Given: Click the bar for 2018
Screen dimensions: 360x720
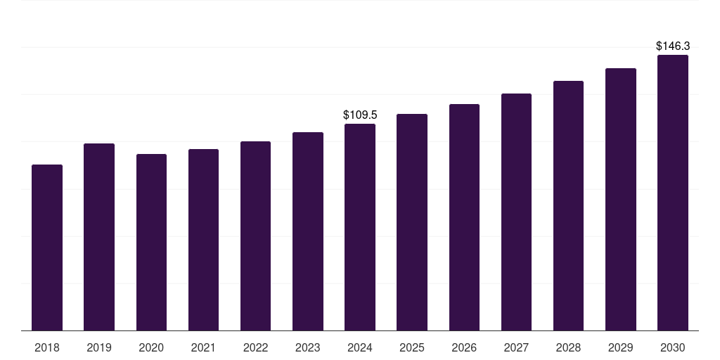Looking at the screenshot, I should [47, 247].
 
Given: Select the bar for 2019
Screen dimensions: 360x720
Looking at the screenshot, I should [99, 237].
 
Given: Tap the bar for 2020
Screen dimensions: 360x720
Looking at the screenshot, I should [151, 242].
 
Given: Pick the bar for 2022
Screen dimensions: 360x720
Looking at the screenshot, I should [255, 236].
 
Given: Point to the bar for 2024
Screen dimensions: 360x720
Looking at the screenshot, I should [360, 227].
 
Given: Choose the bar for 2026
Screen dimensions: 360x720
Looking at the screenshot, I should [464, 217].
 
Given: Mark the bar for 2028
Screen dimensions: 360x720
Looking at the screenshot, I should [568, 205].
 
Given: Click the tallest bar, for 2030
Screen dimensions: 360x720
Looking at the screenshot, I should [673, 193].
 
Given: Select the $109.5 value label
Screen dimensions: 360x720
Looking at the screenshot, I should [360, 115].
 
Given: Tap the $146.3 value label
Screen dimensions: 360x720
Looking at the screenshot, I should [673, 46].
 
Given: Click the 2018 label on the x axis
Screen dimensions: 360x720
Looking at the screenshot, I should [47, 347].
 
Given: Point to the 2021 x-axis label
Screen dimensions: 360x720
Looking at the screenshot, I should [203, 347].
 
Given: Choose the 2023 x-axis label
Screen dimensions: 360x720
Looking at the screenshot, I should [308, 347].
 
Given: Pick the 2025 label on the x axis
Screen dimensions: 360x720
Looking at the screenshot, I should [412, 347].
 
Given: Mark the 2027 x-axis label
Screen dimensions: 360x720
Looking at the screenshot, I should [516, 347].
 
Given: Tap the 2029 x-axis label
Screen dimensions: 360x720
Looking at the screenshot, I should [621, 347].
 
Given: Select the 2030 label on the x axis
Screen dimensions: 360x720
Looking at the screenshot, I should [673, 347].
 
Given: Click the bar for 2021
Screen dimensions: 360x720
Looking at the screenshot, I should [203, 240].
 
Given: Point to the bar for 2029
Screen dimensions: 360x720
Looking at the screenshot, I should [621, 199].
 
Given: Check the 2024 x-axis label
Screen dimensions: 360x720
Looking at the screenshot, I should [360, 347].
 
